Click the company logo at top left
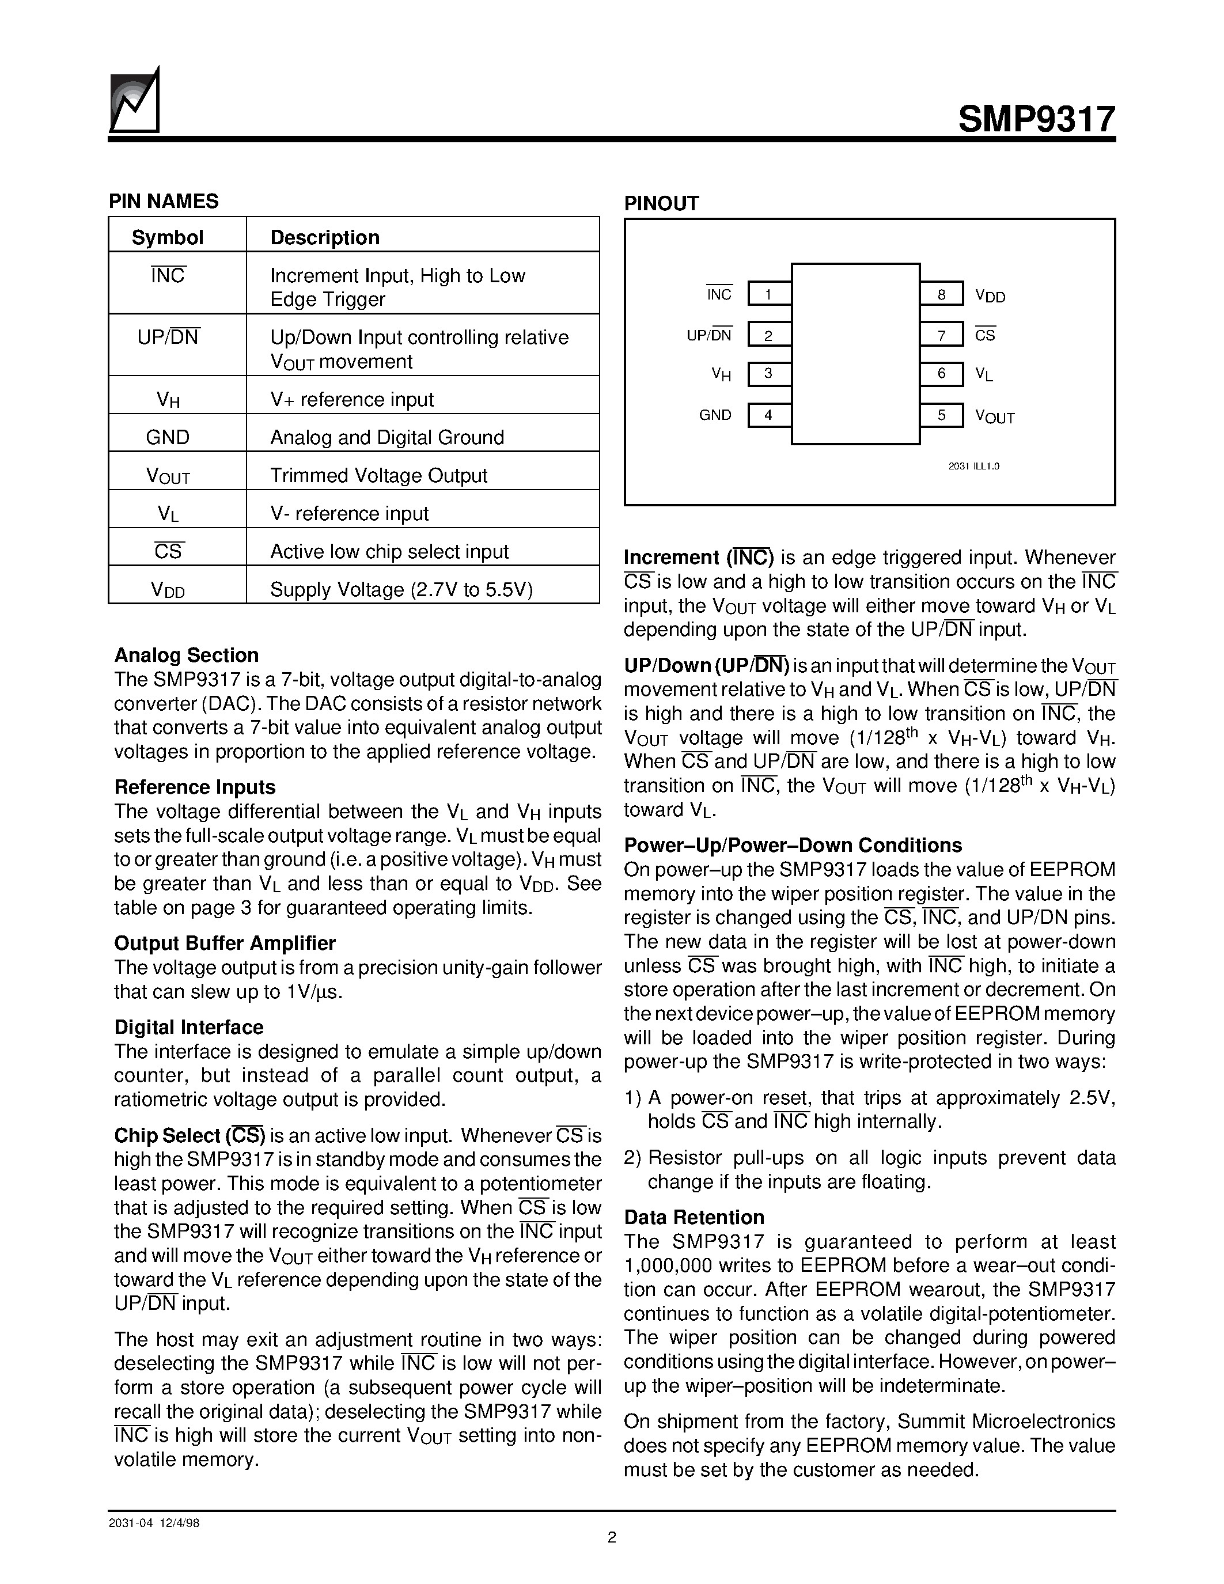pyautogui.click(x=134, y=101)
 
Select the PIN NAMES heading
pyautogui.click(x=164, y=202)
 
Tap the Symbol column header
pyautogui.click(x=168, y=237)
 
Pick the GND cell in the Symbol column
pyautogui.click(x=168, y=437)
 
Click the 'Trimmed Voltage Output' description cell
pyautogui.click(x=378, y=475)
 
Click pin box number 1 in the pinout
pyautogui.click(x=768, y=294)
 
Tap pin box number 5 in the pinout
pyautogui.click(x=941, y=415)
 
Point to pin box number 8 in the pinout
pyautogui.click(x=941, y=294)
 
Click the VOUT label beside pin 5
pyautogui.click(x=995, y=416)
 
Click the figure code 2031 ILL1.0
pyautogui.click(x=974, y=467)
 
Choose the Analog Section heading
pyautogui.click(x=187, y=655)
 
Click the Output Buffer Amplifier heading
pyautogui.click(x=225, y=943)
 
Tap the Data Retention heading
pyautogui.click(x=694, y=1217)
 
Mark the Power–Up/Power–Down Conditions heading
pyautogui.click(x=793, y=845)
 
